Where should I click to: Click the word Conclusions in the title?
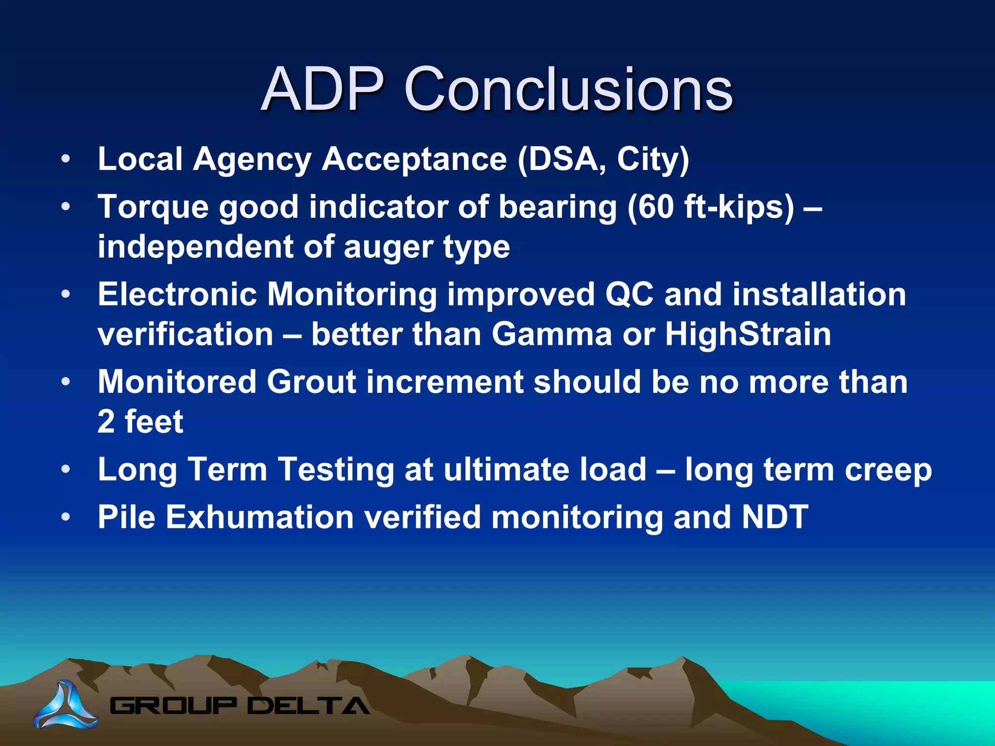click(x=568, y=89)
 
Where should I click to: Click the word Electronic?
click(x=177, y=294)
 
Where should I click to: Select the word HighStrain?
click(x=748, y=335)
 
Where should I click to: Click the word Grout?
click(x=311, y=382)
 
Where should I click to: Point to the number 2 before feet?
click(x=106, y=422)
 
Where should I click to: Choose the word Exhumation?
click(x=260, y=517)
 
